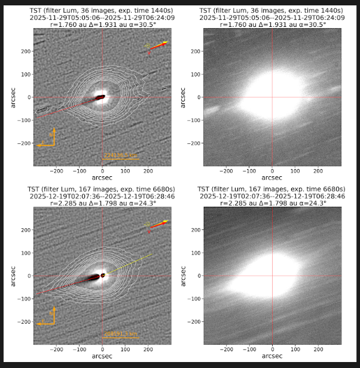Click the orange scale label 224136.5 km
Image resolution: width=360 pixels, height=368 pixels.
pyautogui.click(x=121, y=155)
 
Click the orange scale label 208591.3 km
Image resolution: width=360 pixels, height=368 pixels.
pyautogui.click(x=121, y=334)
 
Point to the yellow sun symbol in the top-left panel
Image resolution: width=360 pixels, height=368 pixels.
pyautogui.click(x=147, y=45)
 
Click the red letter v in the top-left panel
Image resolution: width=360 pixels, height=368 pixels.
pyautogui.click(x=149, y=54)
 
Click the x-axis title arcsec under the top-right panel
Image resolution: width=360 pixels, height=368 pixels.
pyautogui.click(x=271, y=177)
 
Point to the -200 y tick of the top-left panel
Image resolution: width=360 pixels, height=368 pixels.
pyautogui.click(x=26, y=143)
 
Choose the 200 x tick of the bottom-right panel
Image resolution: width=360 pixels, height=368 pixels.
pyautogui.click(x=317, y=348)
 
